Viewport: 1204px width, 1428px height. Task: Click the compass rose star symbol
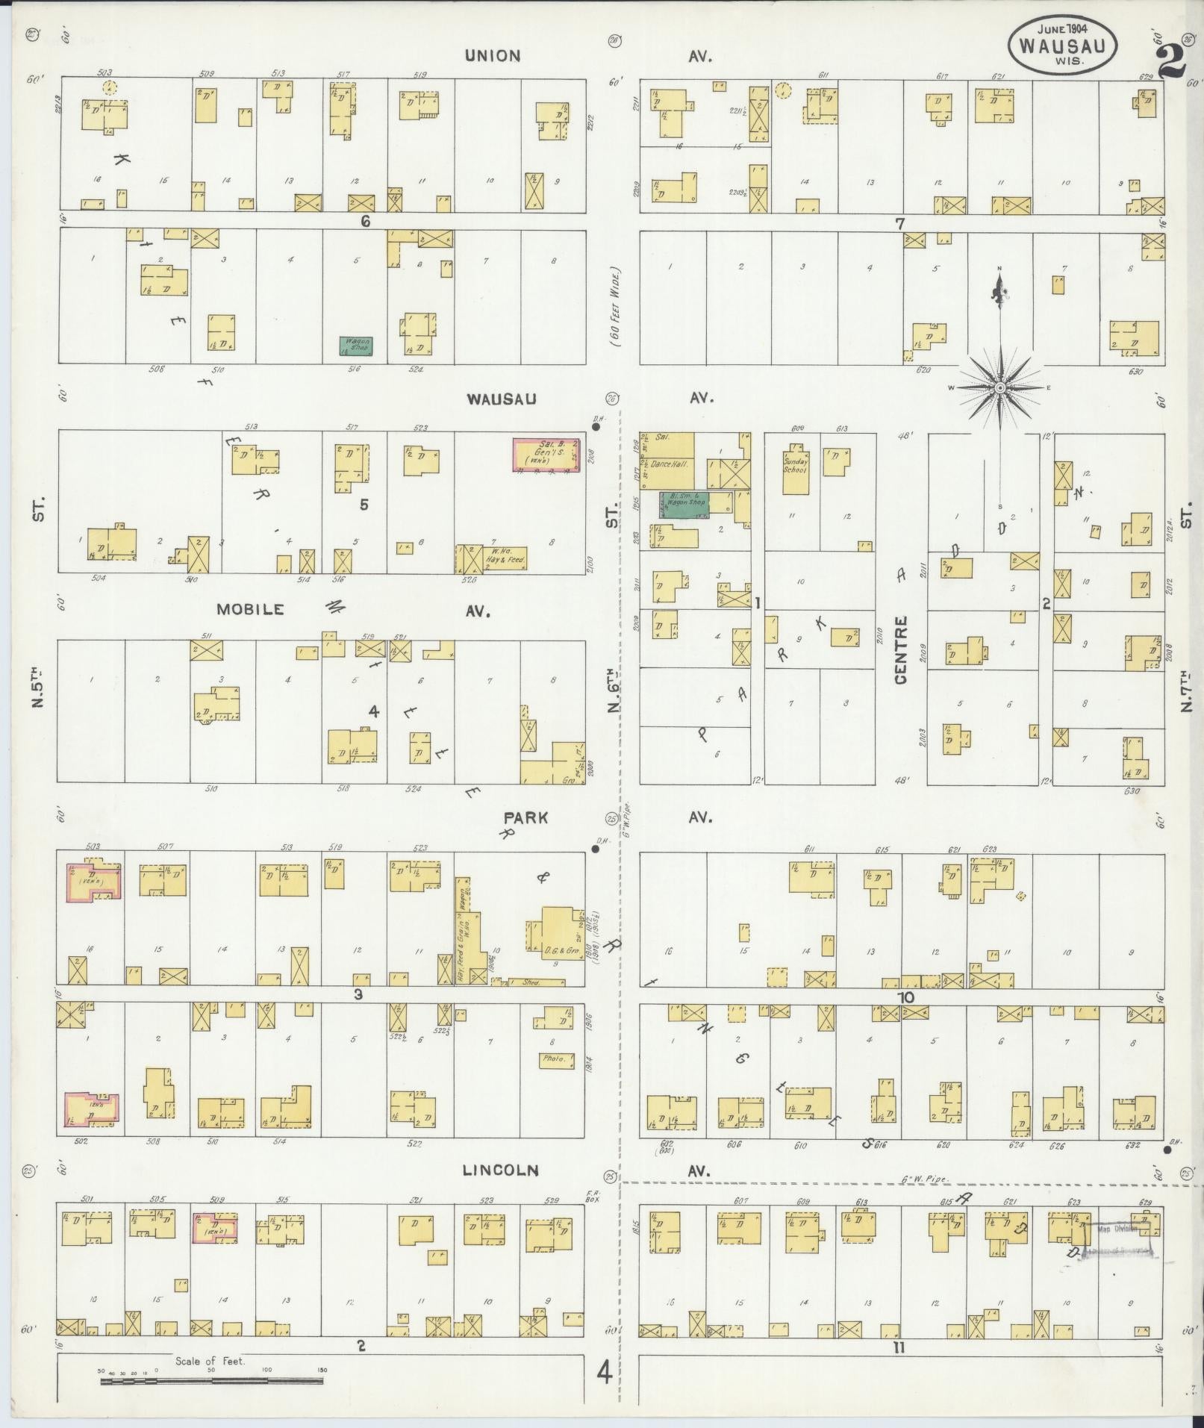click(x=999, y=388)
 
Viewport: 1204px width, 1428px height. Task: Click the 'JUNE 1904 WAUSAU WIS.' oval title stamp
click(x=1064, y=43)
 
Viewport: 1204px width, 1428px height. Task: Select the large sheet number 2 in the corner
click(x=1171, y=61)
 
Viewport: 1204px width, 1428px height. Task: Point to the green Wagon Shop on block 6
click(x=355, y=346)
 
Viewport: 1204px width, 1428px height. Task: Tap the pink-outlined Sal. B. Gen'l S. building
click(x=546, y=455)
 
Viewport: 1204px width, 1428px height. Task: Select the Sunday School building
click(x=796, y=470)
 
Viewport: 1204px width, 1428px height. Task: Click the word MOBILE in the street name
click(x=250, y=609)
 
